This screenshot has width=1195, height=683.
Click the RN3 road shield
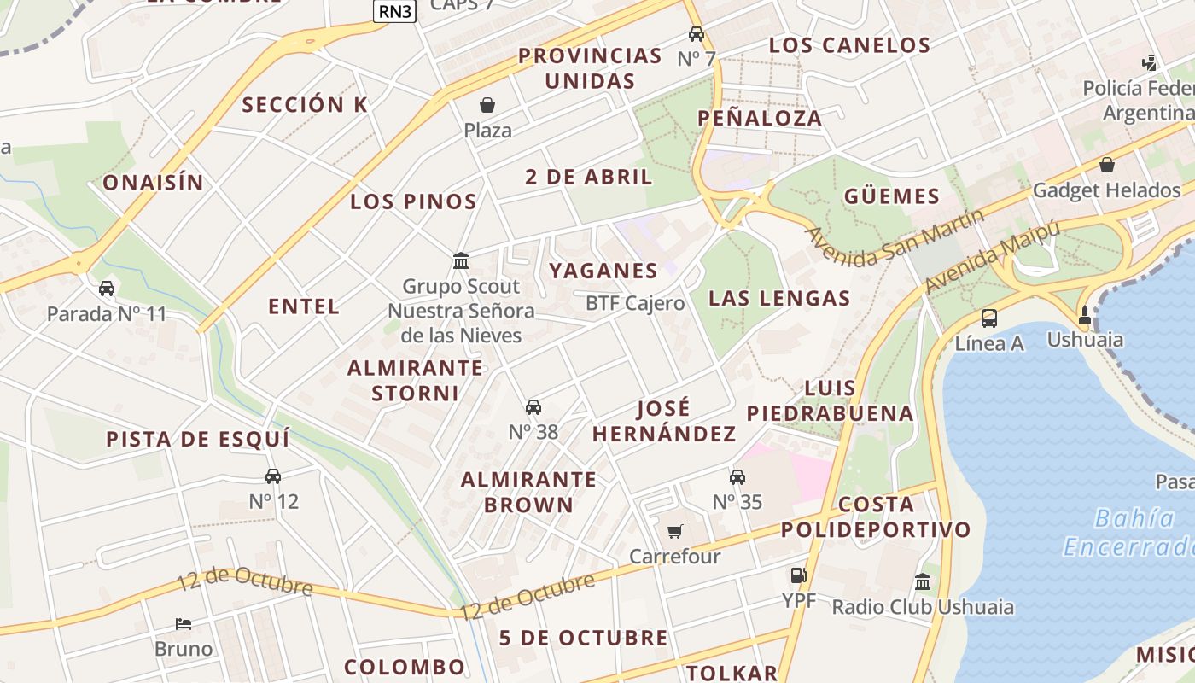tap(394, 11)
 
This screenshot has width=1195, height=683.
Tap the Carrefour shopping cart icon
tap(675, 532)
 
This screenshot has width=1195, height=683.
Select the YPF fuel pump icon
tap(798, 575)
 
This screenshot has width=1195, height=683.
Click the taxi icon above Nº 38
tap(533, 407)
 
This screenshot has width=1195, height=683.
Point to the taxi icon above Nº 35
tap(737, 476)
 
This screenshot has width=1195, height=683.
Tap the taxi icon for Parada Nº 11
tap(107, 289)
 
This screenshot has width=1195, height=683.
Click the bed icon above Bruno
tap(184, 624)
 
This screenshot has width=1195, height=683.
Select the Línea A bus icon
tap(988, 318)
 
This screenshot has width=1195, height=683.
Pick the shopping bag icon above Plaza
tap(487, 105)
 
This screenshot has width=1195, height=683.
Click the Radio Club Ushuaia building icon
tap(923, 582)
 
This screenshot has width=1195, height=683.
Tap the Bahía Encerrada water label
tap(1127, 532)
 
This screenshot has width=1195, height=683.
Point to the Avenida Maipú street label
tap(993, 254)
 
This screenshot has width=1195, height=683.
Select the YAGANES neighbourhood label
tap(603, 271)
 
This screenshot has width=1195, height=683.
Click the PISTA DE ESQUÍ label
tap(197, 439)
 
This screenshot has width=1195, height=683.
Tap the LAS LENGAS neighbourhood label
tap(779, 298)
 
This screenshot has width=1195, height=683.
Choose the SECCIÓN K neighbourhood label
tap(305, 105)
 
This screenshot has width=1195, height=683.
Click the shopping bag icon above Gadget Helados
tap(1107, 165)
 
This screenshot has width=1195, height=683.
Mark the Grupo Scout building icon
tap(461, 260)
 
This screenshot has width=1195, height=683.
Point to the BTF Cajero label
tap(635, 303)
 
